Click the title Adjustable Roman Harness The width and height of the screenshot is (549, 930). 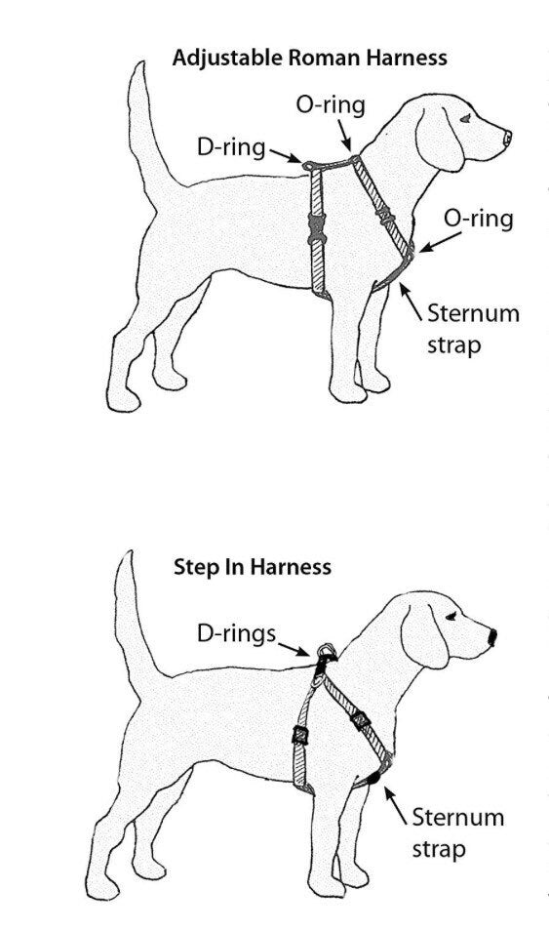309,58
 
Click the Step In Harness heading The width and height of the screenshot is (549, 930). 252,566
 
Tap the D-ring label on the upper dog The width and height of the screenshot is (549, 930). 230,147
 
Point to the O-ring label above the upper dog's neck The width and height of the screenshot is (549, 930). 331,105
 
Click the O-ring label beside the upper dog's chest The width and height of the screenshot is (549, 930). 478,218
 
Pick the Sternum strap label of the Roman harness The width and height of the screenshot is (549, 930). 474,328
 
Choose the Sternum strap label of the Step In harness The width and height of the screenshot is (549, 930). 457,830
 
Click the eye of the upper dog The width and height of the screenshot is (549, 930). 465,118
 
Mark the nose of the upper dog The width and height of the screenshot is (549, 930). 506,140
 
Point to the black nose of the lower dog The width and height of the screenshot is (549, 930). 492,637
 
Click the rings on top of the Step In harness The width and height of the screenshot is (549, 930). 325,652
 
